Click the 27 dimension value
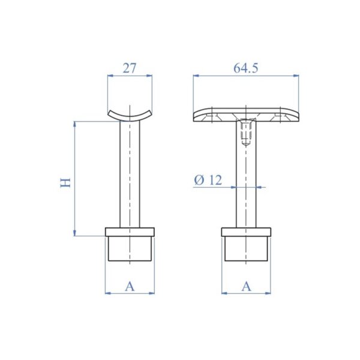(x=130, y=68)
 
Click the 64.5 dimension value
(x=246, y=68)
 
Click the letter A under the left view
(x=130, y=287)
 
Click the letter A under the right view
(x=246, y=287)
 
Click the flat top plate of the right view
(x=246, y=115)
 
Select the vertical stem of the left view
(x=130, y=174)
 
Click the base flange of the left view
(x=130, y=233)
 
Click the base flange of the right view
(x=246, y=233)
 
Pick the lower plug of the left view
(x=130, y=249)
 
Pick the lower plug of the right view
(x=246, y=249)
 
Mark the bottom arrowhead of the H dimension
(x=75, y=232)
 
